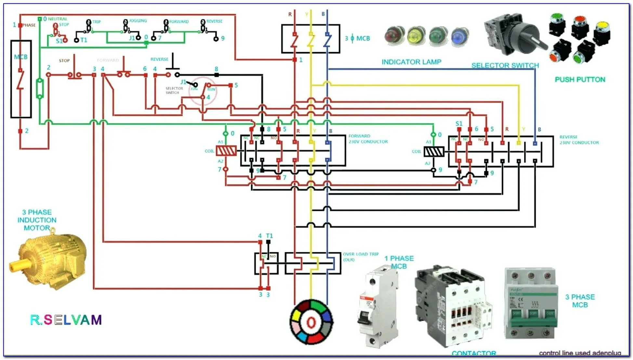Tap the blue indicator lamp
click(460, 36)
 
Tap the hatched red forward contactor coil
click(226, 151)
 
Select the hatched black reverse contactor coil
click(434, 152)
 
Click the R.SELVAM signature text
click(66, 320)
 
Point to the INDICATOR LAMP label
click(411, 62)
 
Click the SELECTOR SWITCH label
click(505, 65)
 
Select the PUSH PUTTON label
click(580, 80)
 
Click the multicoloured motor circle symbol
click(311, 322)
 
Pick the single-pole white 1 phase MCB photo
click(379, 306)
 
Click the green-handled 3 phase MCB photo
click(531, 303)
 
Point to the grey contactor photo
click(454, 306)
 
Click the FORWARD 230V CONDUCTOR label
click(368, 139)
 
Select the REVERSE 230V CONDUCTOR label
click(579, 140)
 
